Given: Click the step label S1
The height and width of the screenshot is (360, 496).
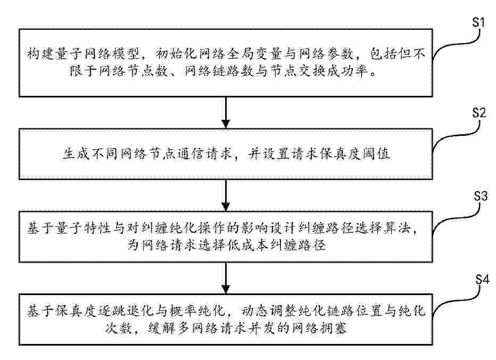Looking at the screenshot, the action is point(478,23).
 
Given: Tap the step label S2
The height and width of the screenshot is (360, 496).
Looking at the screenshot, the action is point(479,113).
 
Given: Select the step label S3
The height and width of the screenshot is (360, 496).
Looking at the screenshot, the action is point(481,197).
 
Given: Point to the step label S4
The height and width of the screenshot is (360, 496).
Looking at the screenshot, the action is point(482,280).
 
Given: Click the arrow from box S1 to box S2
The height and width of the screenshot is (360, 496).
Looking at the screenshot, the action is point(226,112).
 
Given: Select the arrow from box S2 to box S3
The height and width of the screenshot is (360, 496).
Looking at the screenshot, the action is point(226,195).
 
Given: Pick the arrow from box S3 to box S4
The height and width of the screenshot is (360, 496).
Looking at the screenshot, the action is point(226,278).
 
